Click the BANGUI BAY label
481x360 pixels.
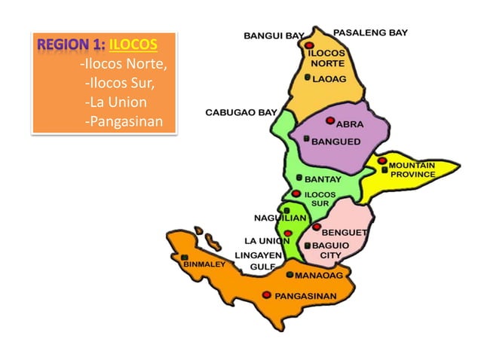pos(274,35)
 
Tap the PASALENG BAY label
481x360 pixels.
pos(370,33)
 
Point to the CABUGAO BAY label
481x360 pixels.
pos(241,113)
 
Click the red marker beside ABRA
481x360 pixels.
pos(330,121)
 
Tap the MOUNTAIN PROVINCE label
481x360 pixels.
pos(412,169)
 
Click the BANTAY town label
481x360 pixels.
pos(323,179)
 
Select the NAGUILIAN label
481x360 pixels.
pos(279,218)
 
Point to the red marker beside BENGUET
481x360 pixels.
pos(317,226)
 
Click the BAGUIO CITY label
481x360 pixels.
pos(330,250)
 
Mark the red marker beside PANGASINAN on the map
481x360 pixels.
pos(266,295)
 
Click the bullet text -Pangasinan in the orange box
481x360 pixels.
pos(124,121)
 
